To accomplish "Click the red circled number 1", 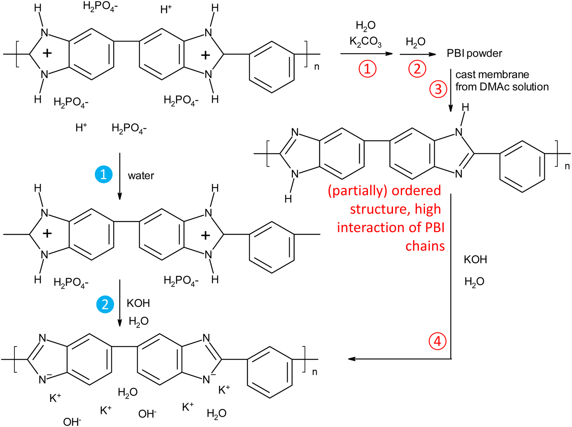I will pos(367,69).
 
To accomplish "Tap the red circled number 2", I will pos(417,69).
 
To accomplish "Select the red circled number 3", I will pos(438,89).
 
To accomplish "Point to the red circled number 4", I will pos(437,341).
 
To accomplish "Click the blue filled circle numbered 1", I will pos(103,174).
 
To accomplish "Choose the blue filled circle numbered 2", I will pos(105,304).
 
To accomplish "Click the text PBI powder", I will pos(474,54).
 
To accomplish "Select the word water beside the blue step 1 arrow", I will pos(141,176).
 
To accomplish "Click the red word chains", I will pos(425,246).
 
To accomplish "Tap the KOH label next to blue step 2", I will pos(138,303).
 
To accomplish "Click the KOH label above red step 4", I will pos(475,259).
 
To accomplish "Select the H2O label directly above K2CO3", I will pos(365,25).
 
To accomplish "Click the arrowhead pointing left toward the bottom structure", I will pos(351,359).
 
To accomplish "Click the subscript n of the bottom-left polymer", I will pos(315,372).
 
